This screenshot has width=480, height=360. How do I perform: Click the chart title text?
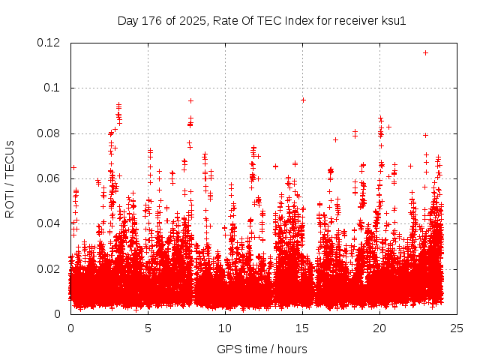click(262, 20)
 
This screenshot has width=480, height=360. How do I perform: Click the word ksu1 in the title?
click(392, 20)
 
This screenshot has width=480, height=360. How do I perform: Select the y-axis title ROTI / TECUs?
click(10, 178)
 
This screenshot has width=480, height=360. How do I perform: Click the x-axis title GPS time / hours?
click(262, 349)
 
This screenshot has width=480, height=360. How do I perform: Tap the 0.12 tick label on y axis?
click(49, 43)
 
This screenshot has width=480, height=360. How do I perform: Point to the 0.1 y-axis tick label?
click(52, 88)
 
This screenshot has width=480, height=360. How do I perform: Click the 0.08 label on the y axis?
click(49, 133)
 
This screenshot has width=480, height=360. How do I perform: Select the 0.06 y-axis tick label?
click(49, 178)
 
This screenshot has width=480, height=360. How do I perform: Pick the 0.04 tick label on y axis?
click(49, 223)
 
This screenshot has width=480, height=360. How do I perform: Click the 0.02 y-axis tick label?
click(49, 268)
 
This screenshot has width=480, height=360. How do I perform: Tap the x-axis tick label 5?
click(148, 328)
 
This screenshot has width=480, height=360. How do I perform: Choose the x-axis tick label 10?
click(225, 328)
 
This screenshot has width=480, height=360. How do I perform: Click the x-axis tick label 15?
click(302, 328)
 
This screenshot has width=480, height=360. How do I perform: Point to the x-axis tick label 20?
click(379, 328)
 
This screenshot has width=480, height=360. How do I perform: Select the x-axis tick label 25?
click(457, 328)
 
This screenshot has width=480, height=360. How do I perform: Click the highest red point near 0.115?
click(426, 52)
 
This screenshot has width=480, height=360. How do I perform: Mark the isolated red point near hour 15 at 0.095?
click(303, 100)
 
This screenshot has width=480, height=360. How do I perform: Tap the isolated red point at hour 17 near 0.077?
click(335, 139)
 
